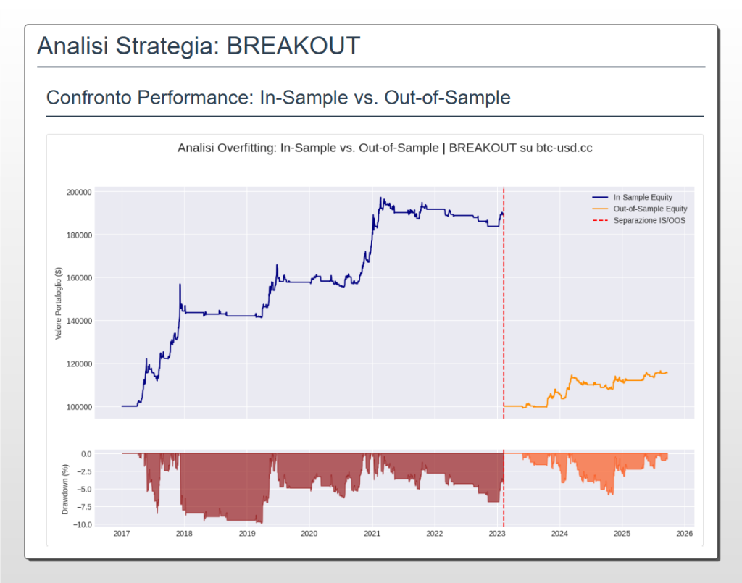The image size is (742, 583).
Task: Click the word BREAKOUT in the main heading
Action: [x=293, y=46]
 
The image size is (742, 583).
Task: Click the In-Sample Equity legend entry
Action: [x=642, y=197]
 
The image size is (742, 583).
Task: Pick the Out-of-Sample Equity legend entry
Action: [x=650, y=209]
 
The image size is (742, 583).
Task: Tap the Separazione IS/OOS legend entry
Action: [x=649, y=220]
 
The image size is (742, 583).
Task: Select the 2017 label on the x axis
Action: [x=122, y=534]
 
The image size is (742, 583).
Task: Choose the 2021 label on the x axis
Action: [x=372, y=534]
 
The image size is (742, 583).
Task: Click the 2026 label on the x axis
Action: [x=685, y=534]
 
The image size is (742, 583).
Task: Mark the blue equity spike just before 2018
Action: [x=180, y=285]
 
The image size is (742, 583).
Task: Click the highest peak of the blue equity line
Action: [x=380, y=198]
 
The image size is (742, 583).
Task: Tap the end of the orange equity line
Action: [x=667, y=372]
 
